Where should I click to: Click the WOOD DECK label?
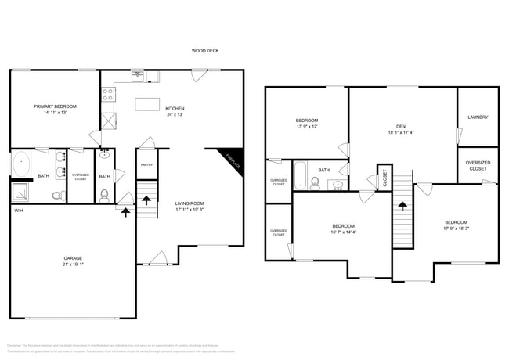pos(205,51)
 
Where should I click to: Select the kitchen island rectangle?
pos(146,103)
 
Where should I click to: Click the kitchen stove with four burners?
pos(108,95)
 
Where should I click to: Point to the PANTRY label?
pos(146,165)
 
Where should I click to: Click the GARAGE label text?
pos(73,257)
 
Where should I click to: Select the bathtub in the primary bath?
pos(20,166)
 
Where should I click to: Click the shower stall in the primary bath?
pos(20,193)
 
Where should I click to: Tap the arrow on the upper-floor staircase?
pos(403,207)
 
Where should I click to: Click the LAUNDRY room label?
pos(478,117)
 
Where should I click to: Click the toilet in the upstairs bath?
pos(314,184)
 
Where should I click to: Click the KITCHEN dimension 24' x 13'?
pos(174,115)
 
